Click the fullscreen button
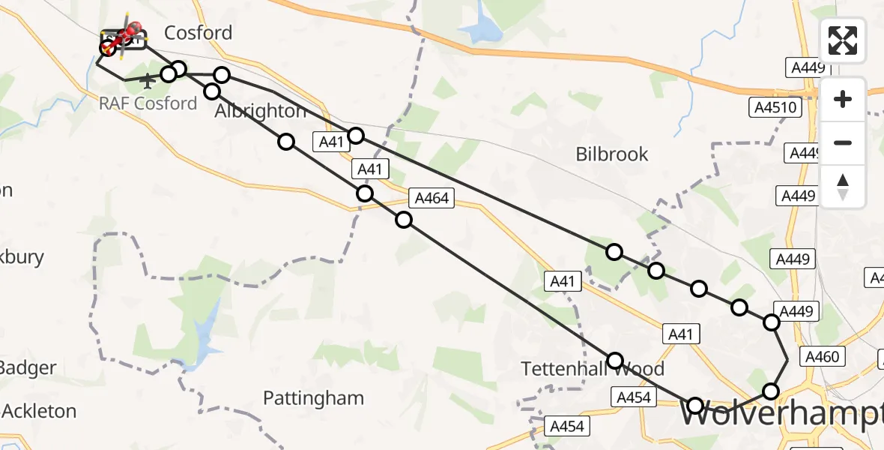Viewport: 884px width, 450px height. pos(843,40)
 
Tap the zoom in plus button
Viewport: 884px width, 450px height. pos(843,99)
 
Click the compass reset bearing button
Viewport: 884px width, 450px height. pos(843,187)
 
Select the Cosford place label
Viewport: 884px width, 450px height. pos(198,33)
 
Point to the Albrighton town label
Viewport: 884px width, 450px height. pos(260,112)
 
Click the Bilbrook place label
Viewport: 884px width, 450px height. pos(612,154)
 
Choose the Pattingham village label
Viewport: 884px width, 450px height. pos(313,398)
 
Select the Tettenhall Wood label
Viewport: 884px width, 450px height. pos(593,369)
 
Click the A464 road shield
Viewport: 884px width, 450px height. pos(431,199)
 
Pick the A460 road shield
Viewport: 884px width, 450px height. pos(820,357)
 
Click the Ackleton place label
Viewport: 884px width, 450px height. pos(39,411)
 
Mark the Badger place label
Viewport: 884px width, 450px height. pos(27,368)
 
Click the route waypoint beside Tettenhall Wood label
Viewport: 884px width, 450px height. pos(615,361)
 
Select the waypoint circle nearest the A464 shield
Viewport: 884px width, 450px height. pos(404,220)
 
